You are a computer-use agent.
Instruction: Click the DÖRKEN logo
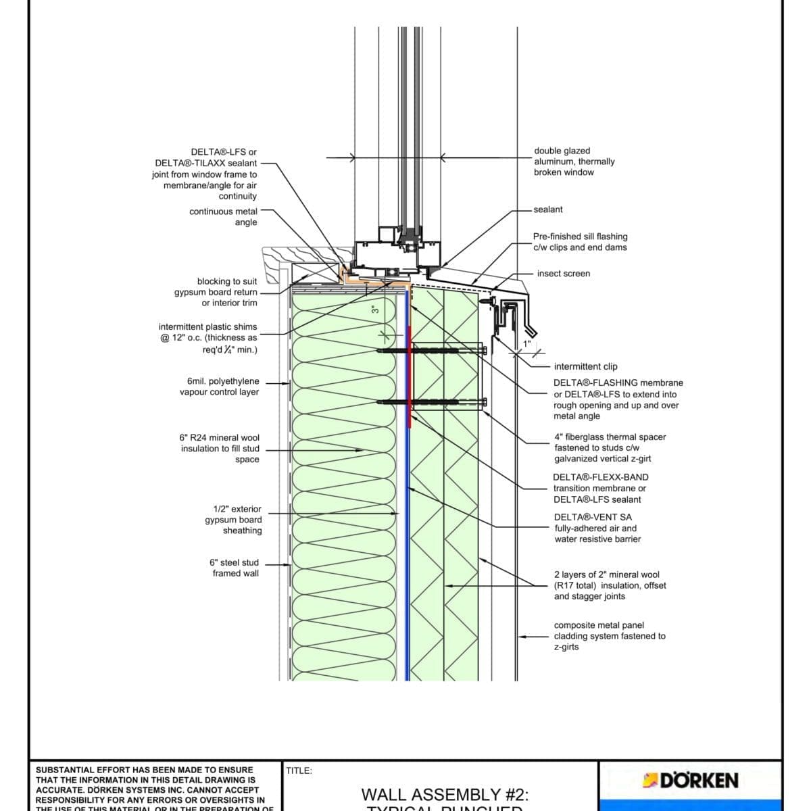tap(690, 781)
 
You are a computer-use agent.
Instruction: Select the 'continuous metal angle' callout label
tap(223, 217)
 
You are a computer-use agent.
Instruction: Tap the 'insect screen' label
tap(563, 274)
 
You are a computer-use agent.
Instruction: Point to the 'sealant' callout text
tap(547, 210)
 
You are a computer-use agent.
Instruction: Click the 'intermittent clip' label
tap(585, 366)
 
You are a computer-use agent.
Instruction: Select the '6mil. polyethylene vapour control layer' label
tap(219, 387)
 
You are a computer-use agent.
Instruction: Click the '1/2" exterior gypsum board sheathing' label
tap(234, 520)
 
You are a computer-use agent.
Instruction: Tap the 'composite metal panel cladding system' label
tap(609, 636)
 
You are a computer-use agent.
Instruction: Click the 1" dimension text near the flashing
tap(526, 344)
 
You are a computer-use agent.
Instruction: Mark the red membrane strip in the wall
tap(410, 378)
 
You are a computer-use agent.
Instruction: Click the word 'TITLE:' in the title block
tap(299, 770)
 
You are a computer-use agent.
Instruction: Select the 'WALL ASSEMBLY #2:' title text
tap(445, 795)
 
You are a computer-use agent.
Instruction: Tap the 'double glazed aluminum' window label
tap(574, 162)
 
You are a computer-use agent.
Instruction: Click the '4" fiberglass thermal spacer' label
tap(609, 447)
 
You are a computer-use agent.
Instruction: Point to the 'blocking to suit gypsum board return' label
tap(216, 292)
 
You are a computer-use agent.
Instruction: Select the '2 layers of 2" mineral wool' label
tap(609, 585)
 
